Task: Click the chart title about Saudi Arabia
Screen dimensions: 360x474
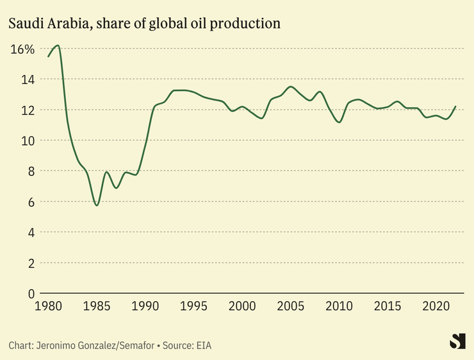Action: click(x=144, y=24)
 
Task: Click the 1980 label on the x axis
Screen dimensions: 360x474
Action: click(x=48, y=306)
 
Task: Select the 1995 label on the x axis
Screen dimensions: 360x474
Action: click(x=194, y=306)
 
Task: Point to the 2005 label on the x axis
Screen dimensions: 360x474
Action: click(x=291, y=306)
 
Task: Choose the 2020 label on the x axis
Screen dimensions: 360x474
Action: click(x=436, y=306)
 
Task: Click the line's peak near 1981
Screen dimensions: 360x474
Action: click(x=58, y=45)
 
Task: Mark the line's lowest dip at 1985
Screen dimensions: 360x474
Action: click(x=97, y=205)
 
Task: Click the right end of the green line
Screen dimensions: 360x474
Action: click(x=455, y=106)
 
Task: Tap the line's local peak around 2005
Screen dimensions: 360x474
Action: click(x=291, y=86)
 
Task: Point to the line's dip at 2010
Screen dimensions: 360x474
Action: click(x=339, y=122)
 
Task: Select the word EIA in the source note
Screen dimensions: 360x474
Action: click(x=203, y=345)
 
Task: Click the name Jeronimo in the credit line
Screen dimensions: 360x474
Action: click(x=58, y=345)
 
